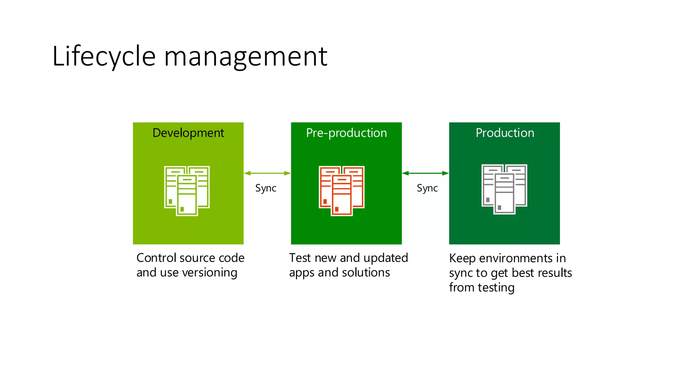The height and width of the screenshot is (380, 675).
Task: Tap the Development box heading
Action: [188, 133]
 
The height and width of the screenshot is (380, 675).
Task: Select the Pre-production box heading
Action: [346, 133]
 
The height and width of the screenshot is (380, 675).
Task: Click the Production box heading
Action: [505, 133]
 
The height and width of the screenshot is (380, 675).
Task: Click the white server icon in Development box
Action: [187, 191]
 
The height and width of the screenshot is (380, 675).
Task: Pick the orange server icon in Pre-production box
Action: [341, 191]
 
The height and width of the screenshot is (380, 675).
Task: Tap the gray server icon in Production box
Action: [504, 189]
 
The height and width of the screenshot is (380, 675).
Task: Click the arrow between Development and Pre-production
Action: [267, 173]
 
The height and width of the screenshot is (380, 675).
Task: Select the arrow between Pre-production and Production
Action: [425, 173]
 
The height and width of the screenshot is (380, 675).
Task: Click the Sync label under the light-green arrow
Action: [266, 188]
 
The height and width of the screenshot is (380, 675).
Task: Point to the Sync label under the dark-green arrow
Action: [427, 188]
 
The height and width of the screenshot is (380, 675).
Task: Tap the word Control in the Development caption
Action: [155, 258]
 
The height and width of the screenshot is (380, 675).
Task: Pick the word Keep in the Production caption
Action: [462, 258]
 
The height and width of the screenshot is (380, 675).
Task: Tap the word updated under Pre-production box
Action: [386, 258]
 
